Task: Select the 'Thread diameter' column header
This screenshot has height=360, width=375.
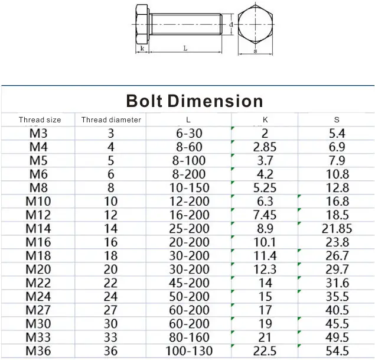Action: (111, 119)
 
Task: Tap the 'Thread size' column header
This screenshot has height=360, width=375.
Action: (40, 119)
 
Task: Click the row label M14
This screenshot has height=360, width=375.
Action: (39, 229)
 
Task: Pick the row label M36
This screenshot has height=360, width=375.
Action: (39, 351)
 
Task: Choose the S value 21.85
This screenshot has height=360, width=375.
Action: (337, 229)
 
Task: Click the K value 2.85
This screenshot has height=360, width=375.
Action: (265, 147)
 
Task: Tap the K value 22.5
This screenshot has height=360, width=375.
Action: (265, 351)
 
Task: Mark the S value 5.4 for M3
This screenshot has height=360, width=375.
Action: (337, 134)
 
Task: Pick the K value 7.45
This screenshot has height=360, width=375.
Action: (265, 215)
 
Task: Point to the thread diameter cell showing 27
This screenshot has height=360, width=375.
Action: (111, 310)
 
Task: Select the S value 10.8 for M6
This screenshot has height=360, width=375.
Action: (337, 174)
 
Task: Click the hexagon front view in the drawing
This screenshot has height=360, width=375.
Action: (255, 25)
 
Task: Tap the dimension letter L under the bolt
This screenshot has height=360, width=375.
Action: (185, 48)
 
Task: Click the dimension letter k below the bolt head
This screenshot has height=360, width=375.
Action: (142, 48)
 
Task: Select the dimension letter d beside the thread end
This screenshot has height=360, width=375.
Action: (231, 24)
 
